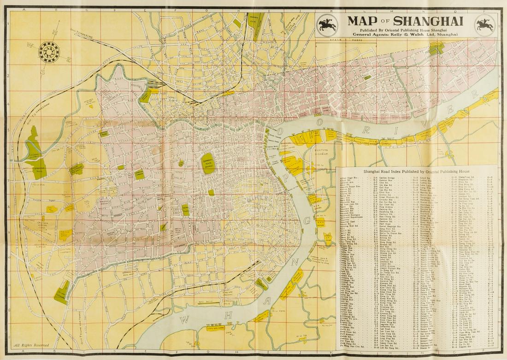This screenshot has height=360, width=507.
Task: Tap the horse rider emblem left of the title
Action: [328, 24]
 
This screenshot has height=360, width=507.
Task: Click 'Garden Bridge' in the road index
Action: [387, 177]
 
